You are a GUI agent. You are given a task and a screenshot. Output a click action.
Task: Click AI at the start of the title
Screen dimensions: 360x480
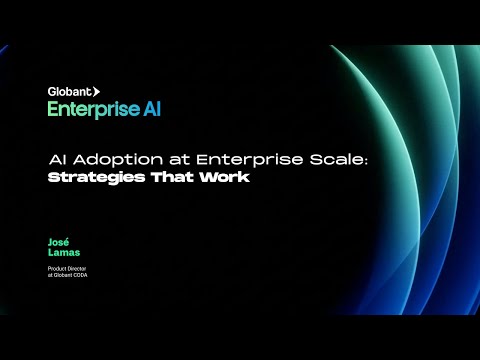tap(58, 160)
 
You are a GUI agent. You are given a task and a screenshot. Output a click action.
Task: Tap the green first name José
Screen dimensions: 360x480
tap(57, 243)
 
